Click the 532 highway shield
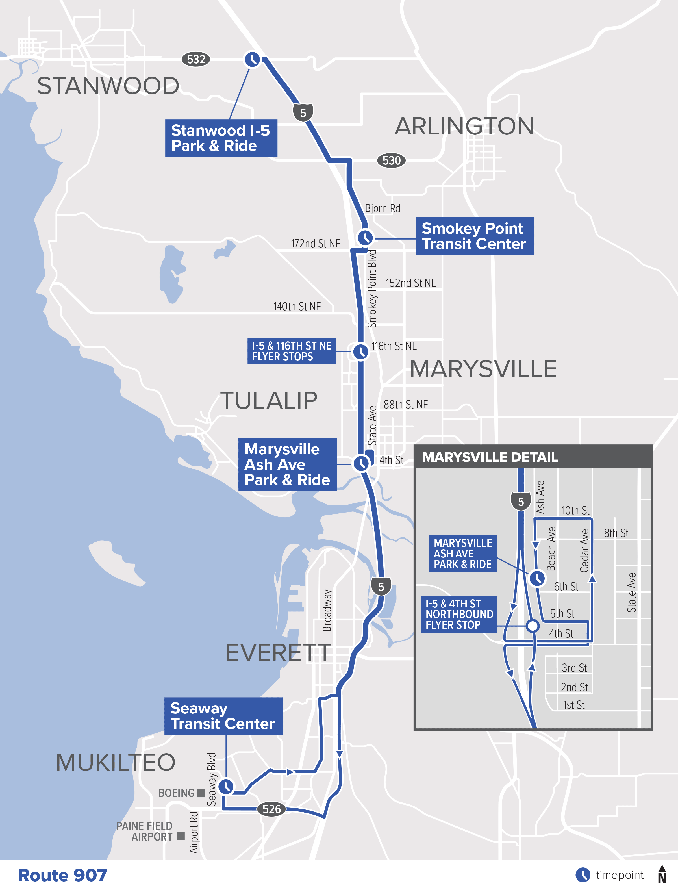196,59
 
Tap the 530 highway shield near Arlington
391,161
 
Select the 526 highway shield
271,809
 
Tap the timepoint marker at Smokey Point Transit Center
365,237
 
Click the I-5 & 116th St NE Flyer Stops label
291,351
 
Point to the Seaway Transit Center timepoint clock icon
226,786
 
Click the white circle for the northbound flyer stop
533,626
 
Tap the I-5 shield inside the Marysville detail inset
521,501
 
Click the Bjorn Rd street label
383,208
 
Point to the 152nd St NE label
411,283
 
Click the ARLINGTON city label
464,126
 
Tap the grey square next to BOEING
201,793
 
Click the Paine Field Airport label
144,831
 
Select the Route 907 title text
62,875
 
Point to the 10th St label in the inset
575,510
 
